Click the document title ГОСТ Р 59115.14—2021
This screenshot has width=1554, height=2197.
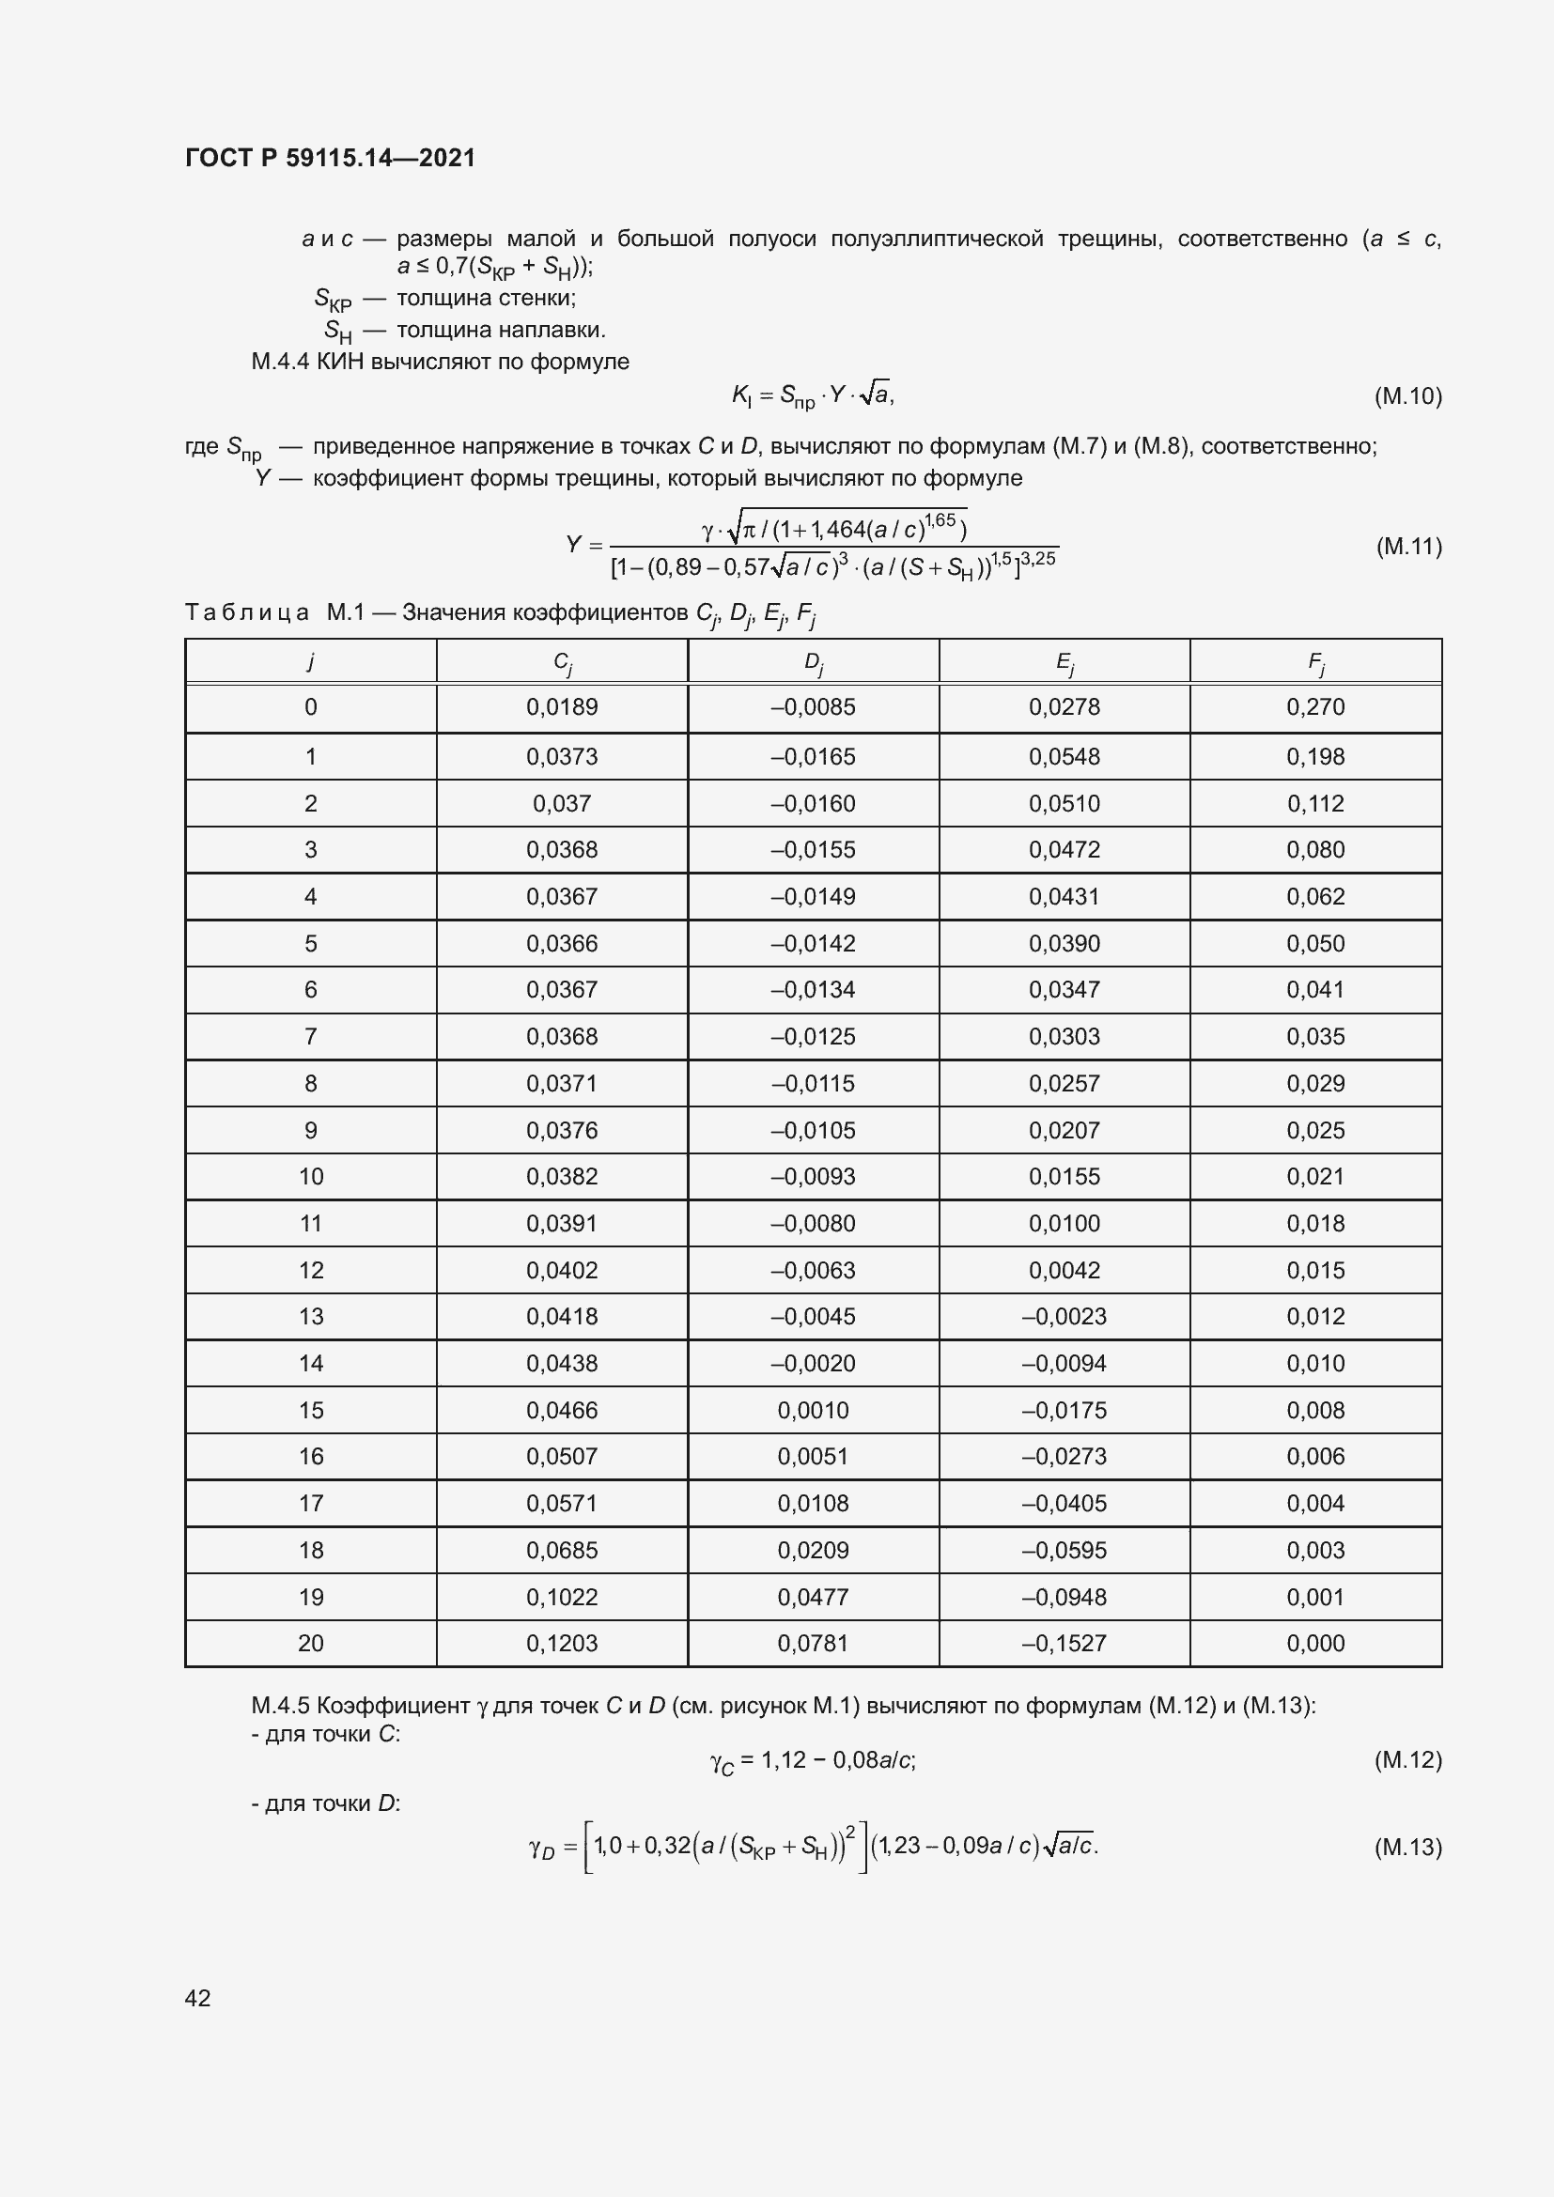[x=330, y=158]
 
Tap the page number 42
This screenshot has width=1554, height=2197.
[x=198, y=1997]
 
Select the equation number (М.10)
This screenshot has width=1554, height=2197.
[x=1406, y=395]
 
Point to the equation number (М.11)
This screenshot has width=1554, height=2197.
[x=1408, y=547]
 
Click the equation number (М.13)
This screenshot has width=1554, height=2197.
[x=1406, y=1847]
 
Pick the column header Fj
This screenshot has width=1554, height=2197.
[x=1315, y=661]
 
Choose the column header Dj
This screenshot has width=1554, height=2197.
[x=814, y=661]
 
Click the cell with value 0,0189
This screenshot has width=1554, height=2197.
[x=562, y=707]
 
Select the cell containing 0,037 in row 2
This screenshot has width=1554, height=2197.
[x=562, y=804]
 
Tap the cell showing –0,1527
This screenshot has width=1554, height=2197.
[x=1064, y=1644]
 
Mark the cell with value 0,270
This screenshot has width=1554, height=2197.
[x=1315, y=707]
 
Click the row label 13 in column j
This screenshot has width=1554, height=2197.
[x=311, y=1317]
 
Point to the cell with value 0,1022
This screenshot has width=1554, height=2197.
[x=562, y=1597]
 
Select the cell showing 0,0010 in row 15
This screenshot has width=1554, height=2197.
[x=814, y=1411]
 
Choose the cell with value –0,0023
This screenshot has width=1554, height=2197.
[x=1064, y=1317]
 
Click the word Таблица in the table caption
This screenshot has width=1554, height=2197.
[x=247, y=612]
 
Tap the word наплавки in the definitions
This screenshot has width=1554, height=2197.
[x=563, y=330]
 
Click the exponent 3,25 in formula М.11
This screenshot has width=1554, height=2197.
[x=1038, y=558]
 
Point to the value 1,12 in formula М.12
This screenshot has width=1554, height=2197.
[x=784, y=1759]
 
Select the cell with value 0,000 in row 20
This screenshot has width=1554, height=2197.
[x=1315, y=1644]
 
